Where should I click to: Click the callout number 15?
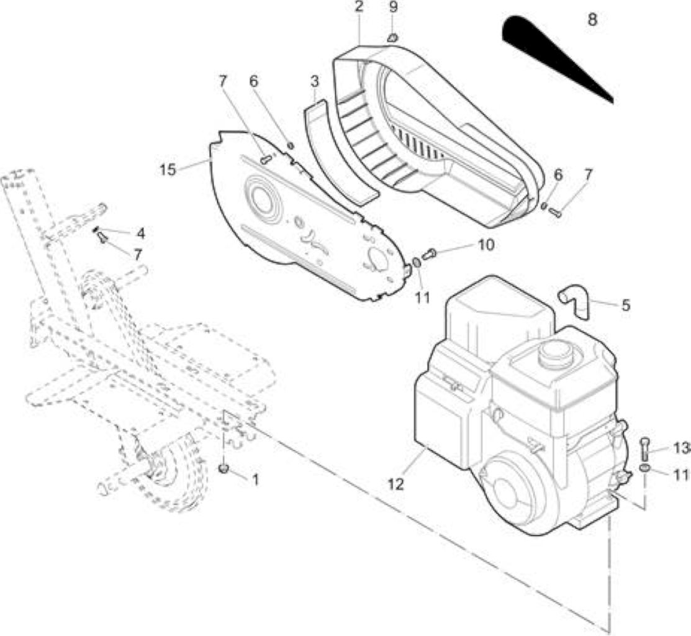point(168,169)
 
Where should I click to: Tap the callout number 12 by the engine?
point(396,484)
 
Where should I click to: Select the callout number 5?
point(626,305)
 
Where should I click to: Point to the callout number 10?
point(486,245)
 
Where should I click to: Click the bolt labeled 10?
point(429,254)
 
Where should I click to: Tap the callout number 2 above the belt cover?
point(359,7)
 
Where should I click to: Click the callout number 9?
point(394,7)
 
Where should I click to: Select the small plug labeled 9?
point(392,38)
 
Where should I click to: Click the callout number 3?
point(315,81)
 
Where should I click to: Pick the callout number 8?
point(593,19)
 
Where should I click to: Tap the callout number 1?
point(255,479)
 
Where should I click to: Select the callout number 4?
point(140,233)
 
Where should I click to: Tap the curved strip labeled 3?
point(337,152)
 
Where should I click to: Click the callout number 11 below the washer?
point(422,298)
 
